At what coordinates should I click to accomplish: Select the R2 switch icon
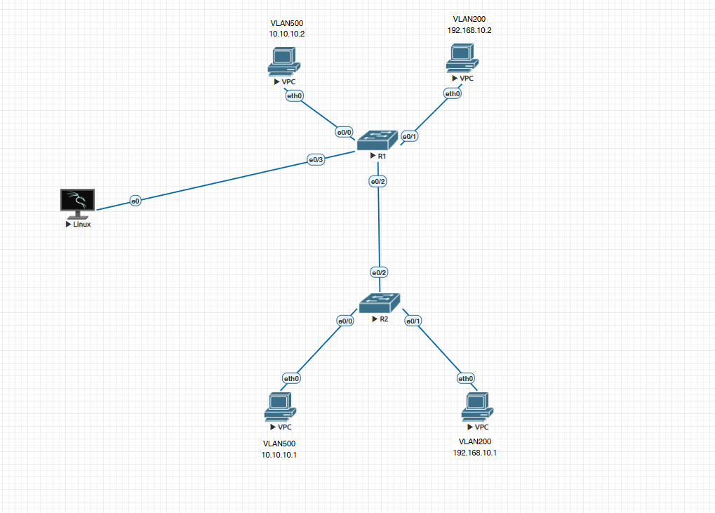coord(379,302)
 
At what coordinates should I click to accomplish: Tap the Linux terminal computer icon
coord(77,204)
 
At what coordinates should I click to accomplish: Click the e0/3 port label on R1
coord(316,161)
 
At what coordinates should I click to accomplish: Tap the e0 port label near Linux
coord(136,201)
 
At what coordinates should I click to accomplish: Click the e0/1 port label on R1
coord(409,136)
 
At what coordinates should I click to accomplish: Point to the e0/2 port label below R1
coord(378,182)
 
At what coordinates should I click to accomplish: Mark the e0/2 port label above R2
coord(380,272)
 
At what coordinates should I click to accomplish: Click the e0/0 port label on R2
coord(345,321)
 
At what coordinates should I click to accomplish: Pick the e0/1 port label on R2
coord(413,321)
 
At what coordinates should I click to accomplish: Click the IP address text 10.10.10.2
coord(286,33)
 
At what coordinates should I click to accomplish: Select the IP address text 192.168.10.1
coord(475,453)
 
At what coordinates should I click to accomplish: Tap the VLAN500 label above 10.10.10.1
coord(279,444)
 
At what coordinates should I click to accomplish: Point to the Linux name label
coord(81,225)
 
